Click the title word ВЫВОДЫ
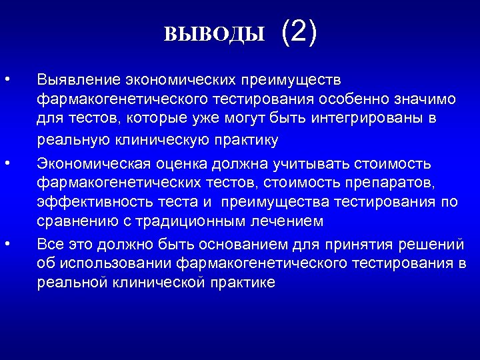click(214, 34)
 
